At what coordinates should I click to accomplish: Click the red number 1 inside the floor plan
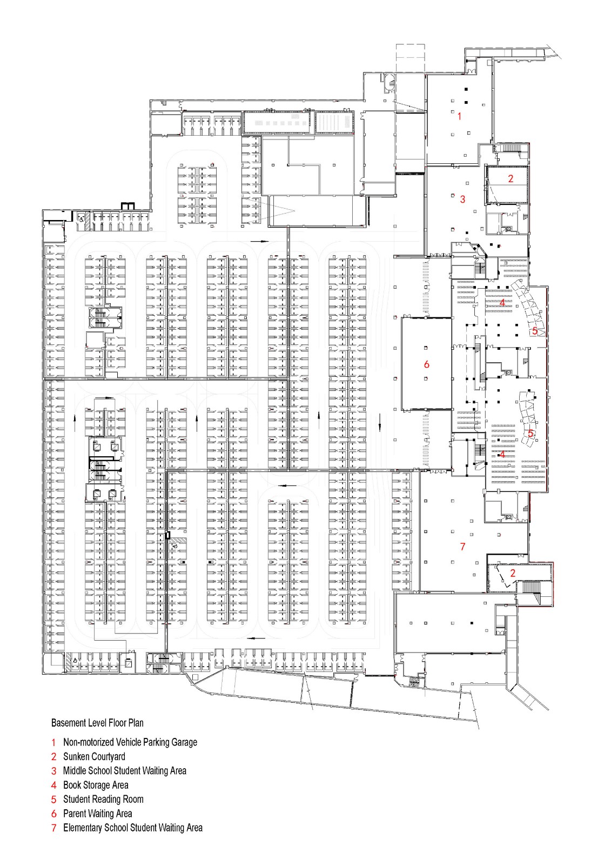460,116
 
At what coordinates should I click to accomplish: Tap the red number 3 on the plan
462,199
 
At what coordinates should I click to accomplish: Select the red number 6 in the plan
427,365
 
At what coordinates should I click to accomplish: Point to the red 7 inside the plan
462,547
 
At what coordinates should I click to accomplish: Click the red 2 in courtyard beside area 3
511,178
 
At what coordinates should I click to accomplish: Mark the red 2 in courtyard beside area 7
513,573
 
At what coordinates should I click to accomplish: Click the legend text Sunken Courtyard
94,757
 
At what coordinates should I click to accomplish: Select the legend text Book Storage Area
96,785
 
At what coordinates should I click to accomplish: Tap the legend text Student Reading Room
103,799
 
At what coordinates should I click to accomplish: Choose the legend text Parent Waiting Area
97,814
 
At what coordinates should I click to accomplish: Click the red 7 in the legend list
54,828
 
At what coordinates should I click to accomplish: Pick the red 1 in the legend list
54,743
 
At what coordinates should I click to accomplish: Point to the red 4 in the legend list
54,785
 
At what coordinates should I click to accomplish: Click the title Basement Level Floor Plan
97,723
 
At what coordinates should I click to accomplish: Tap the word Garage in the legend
184,743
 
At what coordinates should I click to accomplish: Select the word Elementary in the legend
82,828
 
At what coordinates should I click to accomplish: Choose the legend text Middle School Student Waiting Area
124,771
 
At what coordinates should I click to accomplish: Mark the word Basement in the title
67,723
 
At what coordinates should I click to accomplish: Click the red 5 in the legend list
54,799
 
